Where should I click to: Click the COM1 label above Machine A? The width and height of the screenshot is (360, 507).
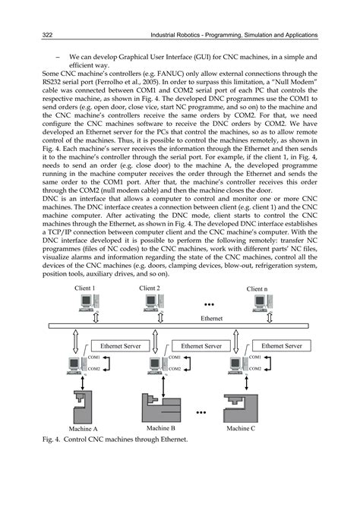click(94, 357)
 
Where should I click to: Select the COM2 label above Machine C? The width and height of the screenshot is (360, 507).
click(254, 369)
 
